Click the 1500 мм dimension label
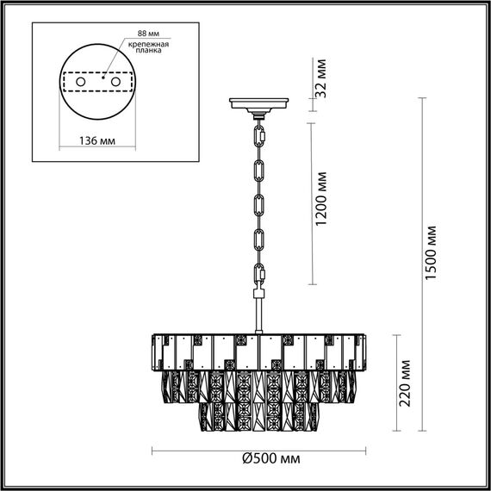coord(432,251)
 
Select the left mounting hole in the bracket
coord(81,80)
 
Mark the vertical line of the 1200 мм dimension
coord(312,202)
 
